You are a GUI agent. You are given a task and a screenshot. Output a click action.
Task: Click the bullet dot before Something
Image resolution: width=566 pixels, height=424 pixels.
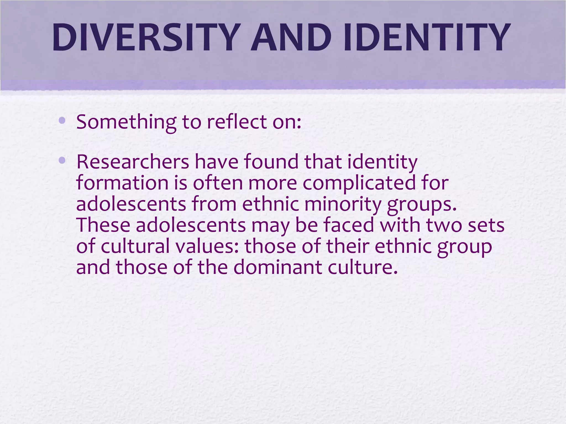(x=62, y=120)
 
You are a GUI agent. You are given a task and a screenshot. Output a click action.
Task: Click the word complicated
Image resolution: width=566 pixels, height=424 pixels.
(x=359, y=183)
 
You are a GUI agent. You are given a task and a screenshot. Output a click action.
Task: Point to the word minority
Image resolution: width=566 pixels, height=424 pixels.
(x=343, y=205)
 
